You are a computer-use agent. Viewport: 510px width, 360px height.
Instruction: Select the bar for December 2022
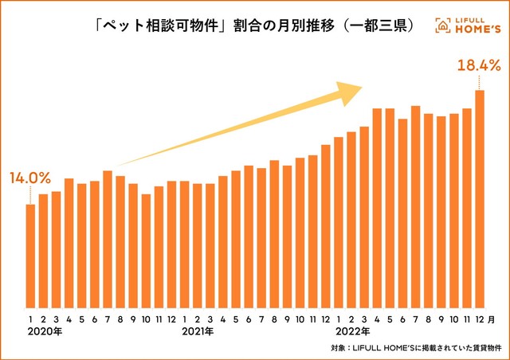pos(480,199)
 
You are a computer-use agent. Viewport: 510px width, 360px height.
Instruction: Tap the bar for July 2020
pos(108,239)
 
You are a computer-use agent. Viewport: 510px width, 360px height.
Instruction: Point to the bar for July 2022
pos(415,207)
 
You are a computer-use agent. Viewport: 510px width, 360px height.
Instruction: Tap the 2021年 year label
pos(197,331)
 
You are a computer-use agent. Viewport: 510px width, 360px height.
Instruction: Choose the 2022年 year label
pos(351,331)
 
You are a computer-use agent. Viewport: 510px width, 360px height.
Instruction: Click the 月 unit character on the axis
pos(491,319)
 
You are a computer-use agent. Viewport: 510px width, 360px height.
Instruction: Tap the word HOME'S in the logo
pos(477,30)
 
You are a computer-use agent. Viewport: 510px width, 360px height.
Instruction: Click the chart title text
pos(253,25)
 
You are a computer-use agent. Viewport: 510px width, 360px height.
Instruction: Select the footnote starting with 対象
pos(414,348)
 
